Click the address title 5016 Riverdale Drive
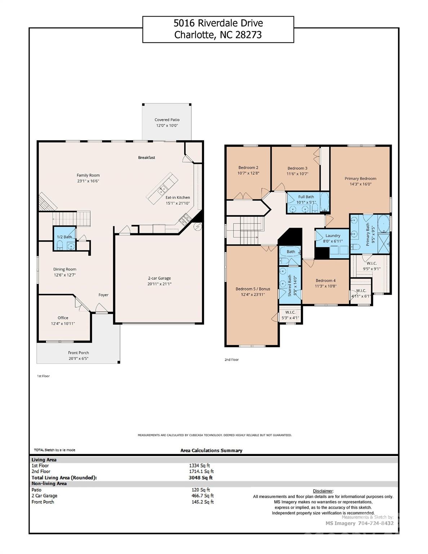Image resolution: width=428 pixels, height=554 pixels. [x=218, y=23]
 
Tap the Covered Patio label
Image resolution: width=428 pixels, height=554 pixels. [x=167, y=120]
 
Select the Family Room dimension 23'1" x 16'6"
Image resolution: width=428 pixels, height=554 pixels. [x=88, y=181]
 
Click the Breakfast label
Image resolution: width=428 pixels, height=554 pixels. [x=147, y=158]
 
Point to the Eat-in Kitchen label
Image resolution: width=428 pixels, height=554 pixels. [x=177, y=197]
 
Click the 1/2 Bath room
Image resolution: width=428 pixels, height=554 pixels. [x=65, y=238]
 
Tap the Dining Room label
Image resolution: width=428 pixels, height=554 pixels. [x=65, y=269]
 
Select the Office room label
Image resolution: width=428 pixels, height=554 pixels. [x=63, y=318]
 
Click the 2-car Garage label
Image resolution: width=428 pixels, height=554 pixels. [x=159, y=278]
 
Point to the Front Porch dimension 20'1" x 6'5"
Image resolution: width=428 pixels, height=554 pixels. [x=78, y=359]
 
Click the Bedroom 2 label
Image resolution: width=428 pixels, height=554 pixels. [x=248, y=167]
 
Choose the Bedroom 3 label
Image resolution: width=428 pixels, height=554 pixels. [x=297, y=168]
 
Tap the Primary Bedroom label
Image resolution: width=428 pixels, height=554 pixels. [x=360, y=179]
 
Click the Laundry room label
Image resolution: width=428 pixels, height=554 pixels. [x=332, y=236]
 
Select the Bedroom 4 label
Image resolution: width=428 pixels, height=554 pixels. [x=326, y=281]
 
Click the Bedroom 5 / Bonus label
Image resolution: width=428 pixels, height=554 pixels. [x=253, y=289]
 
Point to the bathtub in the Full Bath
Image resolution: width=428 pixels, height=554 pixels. [x=324, y=202]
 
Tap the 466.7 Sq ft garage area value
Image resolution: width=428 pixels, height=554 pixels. [x=202, y=496]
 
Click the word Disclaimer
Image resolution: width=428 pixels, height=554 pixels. [x=323, y=491]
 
